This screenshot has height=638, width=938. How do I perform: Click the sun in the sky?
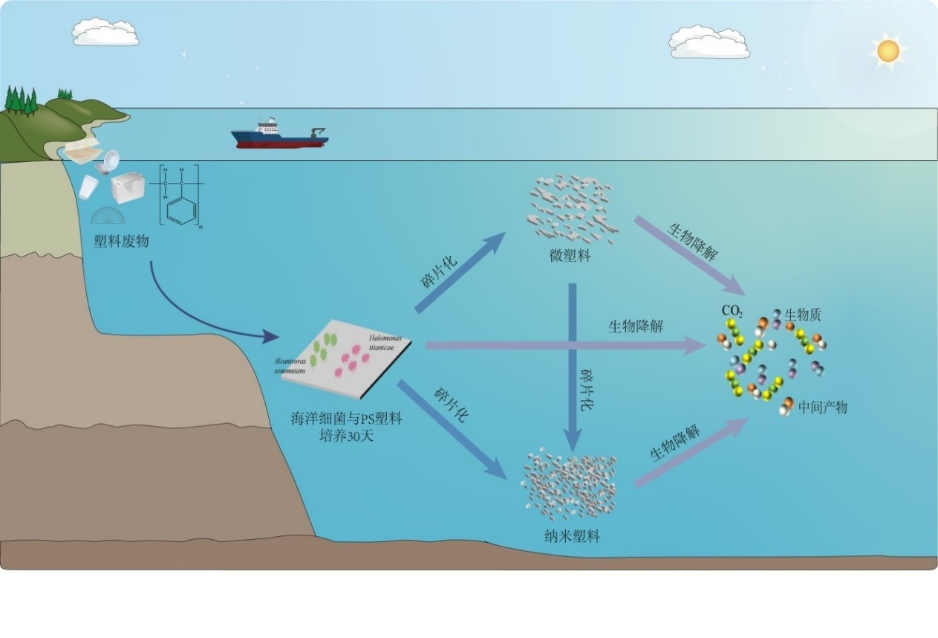tap(887, 51)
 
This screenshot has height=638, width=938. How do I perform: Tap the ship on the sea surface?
tap(279, 135)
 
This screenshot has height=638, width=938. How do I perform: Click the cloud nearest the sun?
tap(709, 42)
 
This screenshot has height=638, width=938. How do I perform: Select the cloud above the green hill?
tap(105, 31)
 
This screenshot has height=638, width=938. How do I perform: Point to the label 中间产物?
tap(822, 407)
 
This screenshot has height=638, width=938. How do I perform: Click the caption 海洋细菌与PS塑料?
tap(346, 419)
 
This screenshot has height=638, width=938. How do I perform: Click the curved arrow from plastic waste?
tap(193, 312)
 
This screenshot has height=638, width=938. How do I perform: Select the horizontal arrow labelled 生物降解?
tap(564, 345)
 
